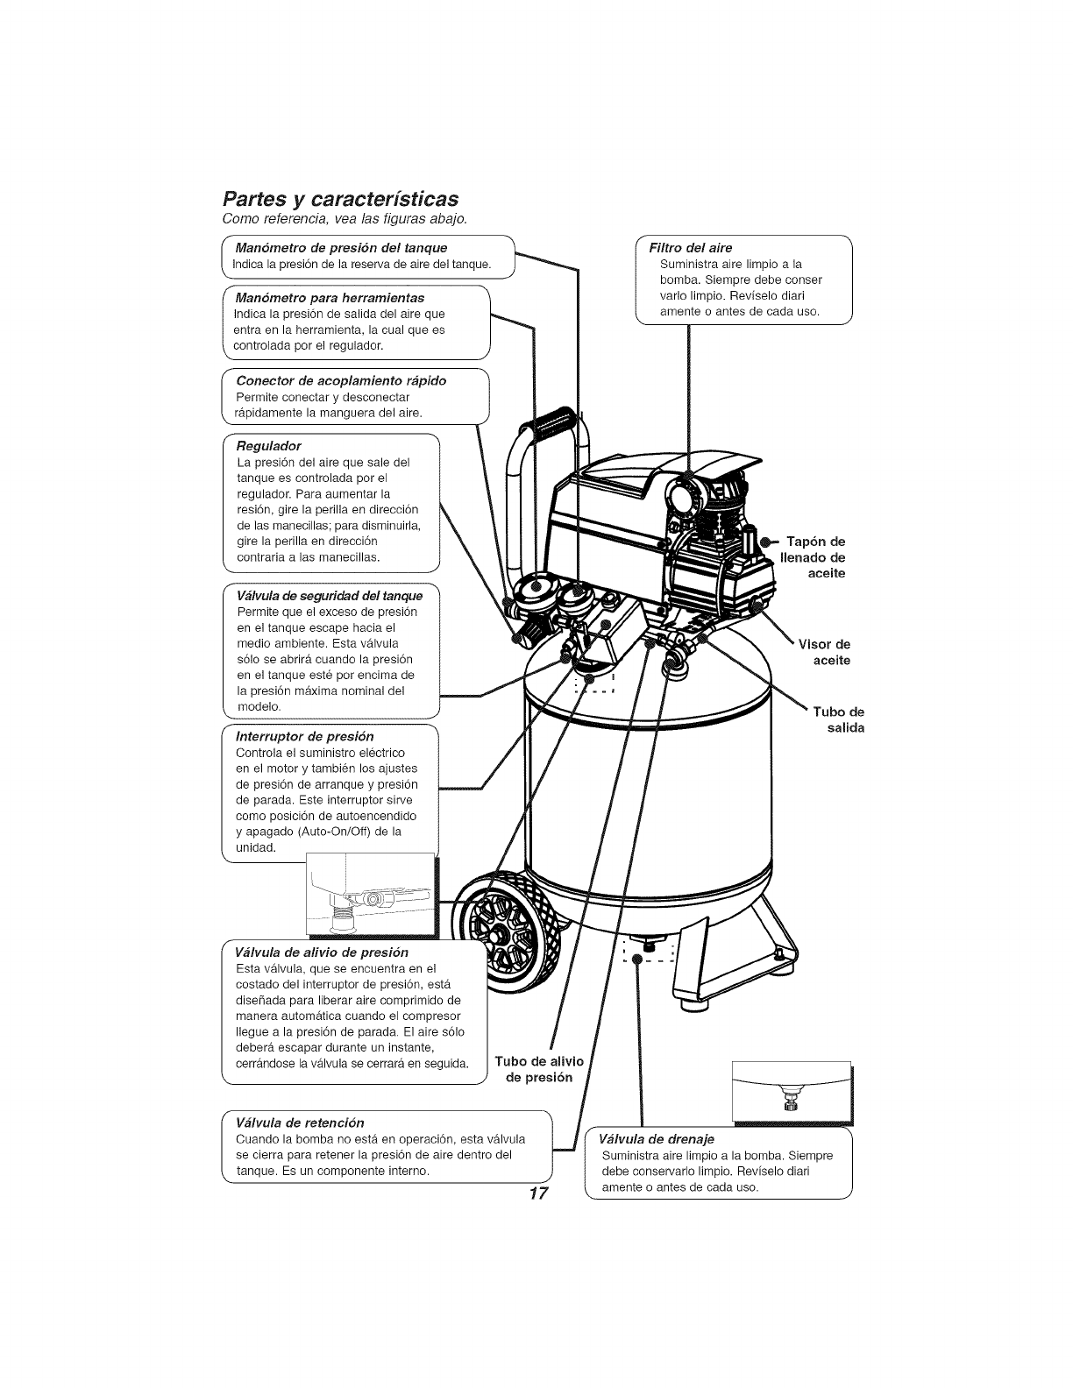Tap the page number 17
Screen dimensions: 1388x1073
537,1193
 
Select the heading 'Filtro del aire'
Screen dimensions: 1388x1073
690,248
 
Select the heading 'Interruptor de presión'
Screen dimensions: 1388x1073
305,736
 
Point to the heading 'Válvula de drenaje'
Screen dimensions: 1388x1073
657,1139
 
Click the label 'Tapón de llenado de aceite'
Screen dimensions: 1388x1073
812,556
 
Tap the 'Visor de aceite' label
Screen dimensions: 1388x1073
824,652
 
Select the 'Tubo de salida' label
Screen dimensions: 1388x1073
838,719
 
